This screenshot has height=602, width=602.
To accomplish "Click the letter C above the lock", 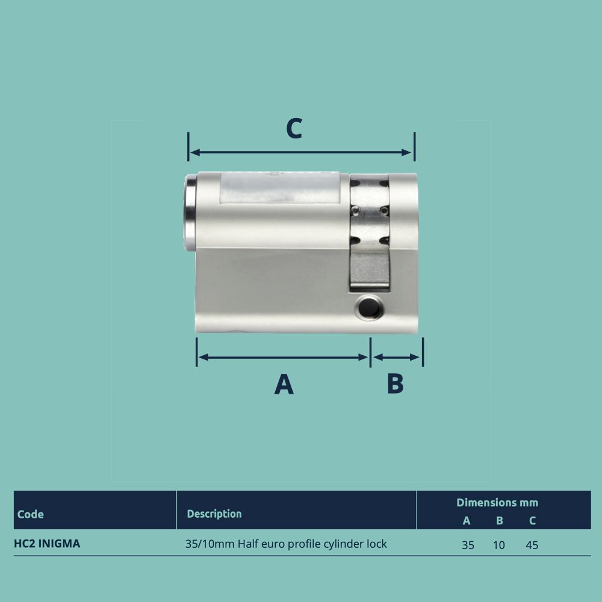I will pos(293,128).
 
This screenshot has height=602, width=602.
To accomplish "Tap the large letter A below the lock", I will pos(284,384).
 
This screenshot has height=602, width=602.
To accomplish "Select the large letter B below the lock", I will pos(395,383).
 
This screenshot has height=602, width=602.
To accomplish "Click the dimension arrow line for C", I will pos(301,152).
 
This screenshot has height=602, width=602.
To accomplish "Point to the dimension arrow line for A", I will pos(283,357).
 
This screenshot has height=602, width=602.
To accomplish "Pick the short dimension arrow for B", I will pos(396,357).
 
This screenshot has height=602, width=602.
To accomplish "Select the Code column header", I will pos(31,514).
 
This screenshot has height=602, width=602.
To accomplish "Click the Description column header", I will pos(214,514).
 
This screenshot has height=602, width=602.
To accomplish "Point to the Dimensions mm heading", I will pos(497,502).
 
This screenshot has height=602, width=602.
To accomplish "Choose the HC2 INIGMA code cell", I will pos(47,544).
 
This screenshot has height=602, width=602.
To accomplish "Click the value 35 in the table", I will pos(468,545).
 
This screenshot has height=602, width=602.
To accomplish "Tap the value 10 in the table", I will pos(499,545).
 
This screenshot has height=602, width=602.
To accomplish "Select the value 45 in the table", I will pos(532,545).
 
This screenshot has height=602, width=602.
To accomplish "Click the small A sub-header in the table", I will pos(467,521).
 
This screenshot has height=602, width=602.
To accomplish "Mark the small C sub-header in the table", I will pos(532,521).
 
